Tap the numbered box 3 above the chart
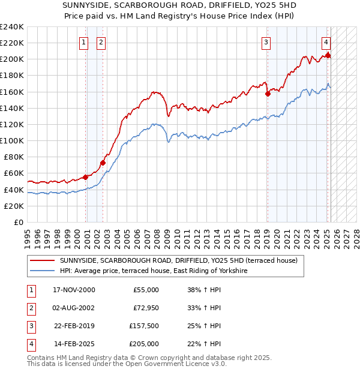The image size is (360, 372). click(x=265, y=42)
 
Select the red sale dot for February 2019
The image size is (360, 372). click(x=268, y=94)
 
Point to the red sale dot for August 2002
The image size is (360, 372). click(x=103, y=163)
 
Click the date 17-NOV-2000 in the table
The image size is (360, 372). click(x=74, y=290)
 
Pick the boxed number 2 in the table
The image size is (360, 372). click(x=30, y=308)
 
